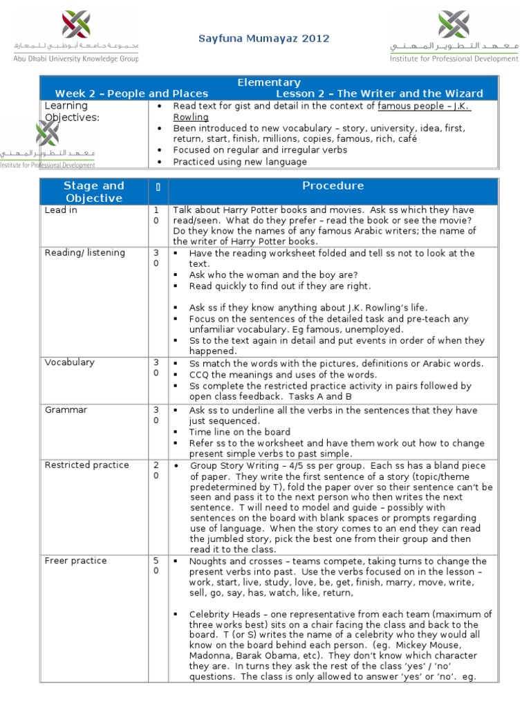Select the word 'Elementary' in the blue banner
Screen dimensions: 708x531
click(x=268, y=82)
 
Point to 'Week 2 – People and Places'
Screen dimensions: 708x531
click(x=131, y=93)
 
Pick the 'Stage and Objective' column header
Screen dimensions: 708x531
click(x=93, y=192)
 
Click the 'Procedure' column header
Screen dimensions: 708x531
click(x=333, y=186)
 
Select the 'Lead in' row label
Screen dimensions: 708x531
click(x=61, y=210)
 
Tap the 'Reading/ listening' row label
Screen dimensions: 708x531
click(x=84, y=253)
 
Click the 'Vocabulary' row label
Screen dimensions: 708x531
click(x=70, y=362)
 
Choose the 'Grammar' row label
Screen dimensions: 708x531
click(x=66, y=410)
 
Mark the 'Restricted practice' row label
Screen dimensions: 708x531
click(x=86, y=465)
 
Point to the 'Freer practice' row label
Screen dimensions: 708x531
click(x=76, y=561)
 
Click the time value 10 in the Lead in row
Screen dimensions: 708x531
click(x=156, y=215)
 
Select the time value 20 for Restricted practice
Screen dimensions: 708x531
click(x=156, y=470)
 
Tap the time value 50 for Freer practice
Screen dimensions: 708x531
click(x=156, y=566)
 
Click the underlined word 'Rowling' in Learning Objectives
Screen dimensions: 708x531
click(x=191, y=117)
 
